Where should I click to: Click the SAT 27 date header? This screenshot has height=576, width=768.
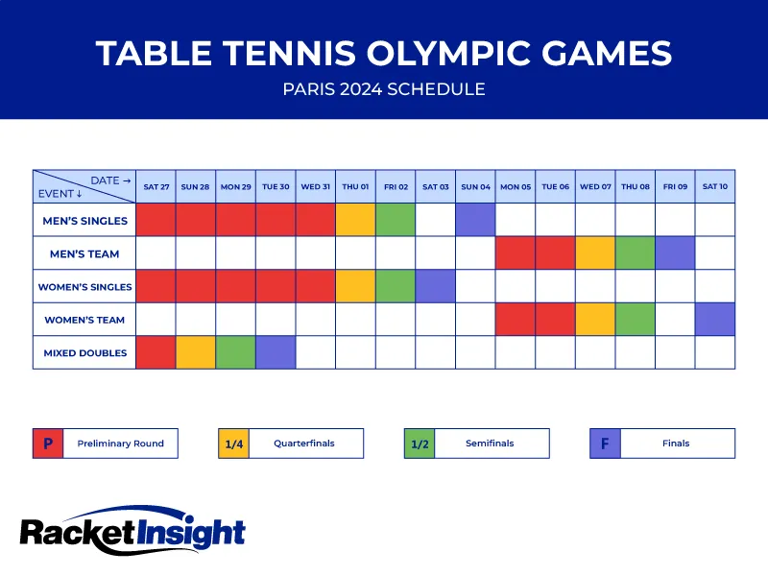156,186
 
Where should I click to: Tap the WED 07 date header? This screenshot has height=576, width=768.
595,186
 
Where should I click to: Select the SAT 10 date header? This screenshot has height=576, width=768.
715,186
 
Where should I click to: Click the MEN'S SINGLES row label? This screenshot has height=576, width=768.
84,221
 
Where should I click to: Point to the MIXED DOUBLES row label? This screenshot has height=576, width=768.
84,352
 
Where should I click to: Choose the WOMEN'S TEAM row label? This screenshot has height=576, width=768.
84,320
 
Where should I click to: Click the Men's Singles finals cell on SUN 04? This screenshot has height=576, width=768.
475,221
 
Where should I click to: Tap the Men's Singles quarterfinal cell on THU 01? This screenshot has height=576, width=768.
355,221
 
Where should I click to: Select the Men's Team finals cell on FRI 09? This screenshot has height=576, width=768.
675,253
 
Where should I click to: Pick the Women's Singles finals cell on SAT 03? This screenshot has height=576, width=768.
435,286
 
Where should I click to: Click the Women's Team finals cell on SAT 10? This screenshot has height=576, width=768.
715,320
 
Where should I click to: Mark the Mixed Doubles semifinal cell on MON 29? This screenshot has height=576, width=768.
235,352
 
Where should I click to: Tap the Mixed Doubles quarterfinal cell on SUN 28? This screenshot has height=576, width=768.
195,352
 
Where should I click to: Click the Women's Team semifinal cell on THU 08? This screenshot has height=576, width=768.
635,320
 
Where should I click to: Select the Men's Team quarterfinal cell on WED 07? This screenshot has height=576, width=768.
595,253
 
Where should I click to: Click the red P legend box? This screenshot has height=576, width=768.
47,444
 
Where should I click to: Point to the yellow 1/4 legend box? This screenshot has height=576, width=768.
233,444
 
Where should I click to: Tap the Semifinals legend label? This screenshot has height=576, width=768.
489,444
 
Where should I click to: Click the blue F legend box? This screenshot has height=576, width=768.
605,444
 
